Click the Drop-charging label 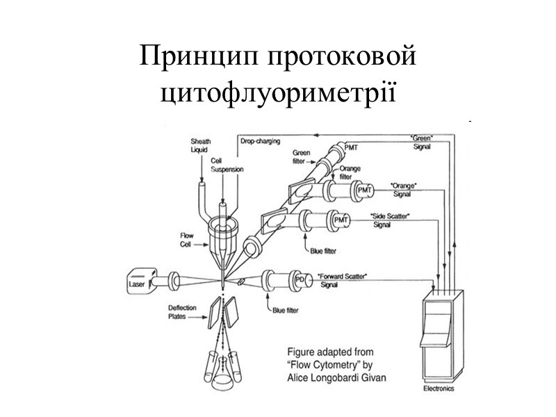coord(261,141)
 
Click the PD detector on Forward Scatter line coord(300,279)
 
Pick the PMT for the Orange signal coord(365,190)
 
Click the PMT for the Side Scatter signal coord(341,220)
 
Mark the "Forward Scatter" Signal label coord(341,280)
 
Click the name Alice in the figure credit coord(302,377)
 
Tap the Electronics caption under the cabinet coord(439,390)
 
